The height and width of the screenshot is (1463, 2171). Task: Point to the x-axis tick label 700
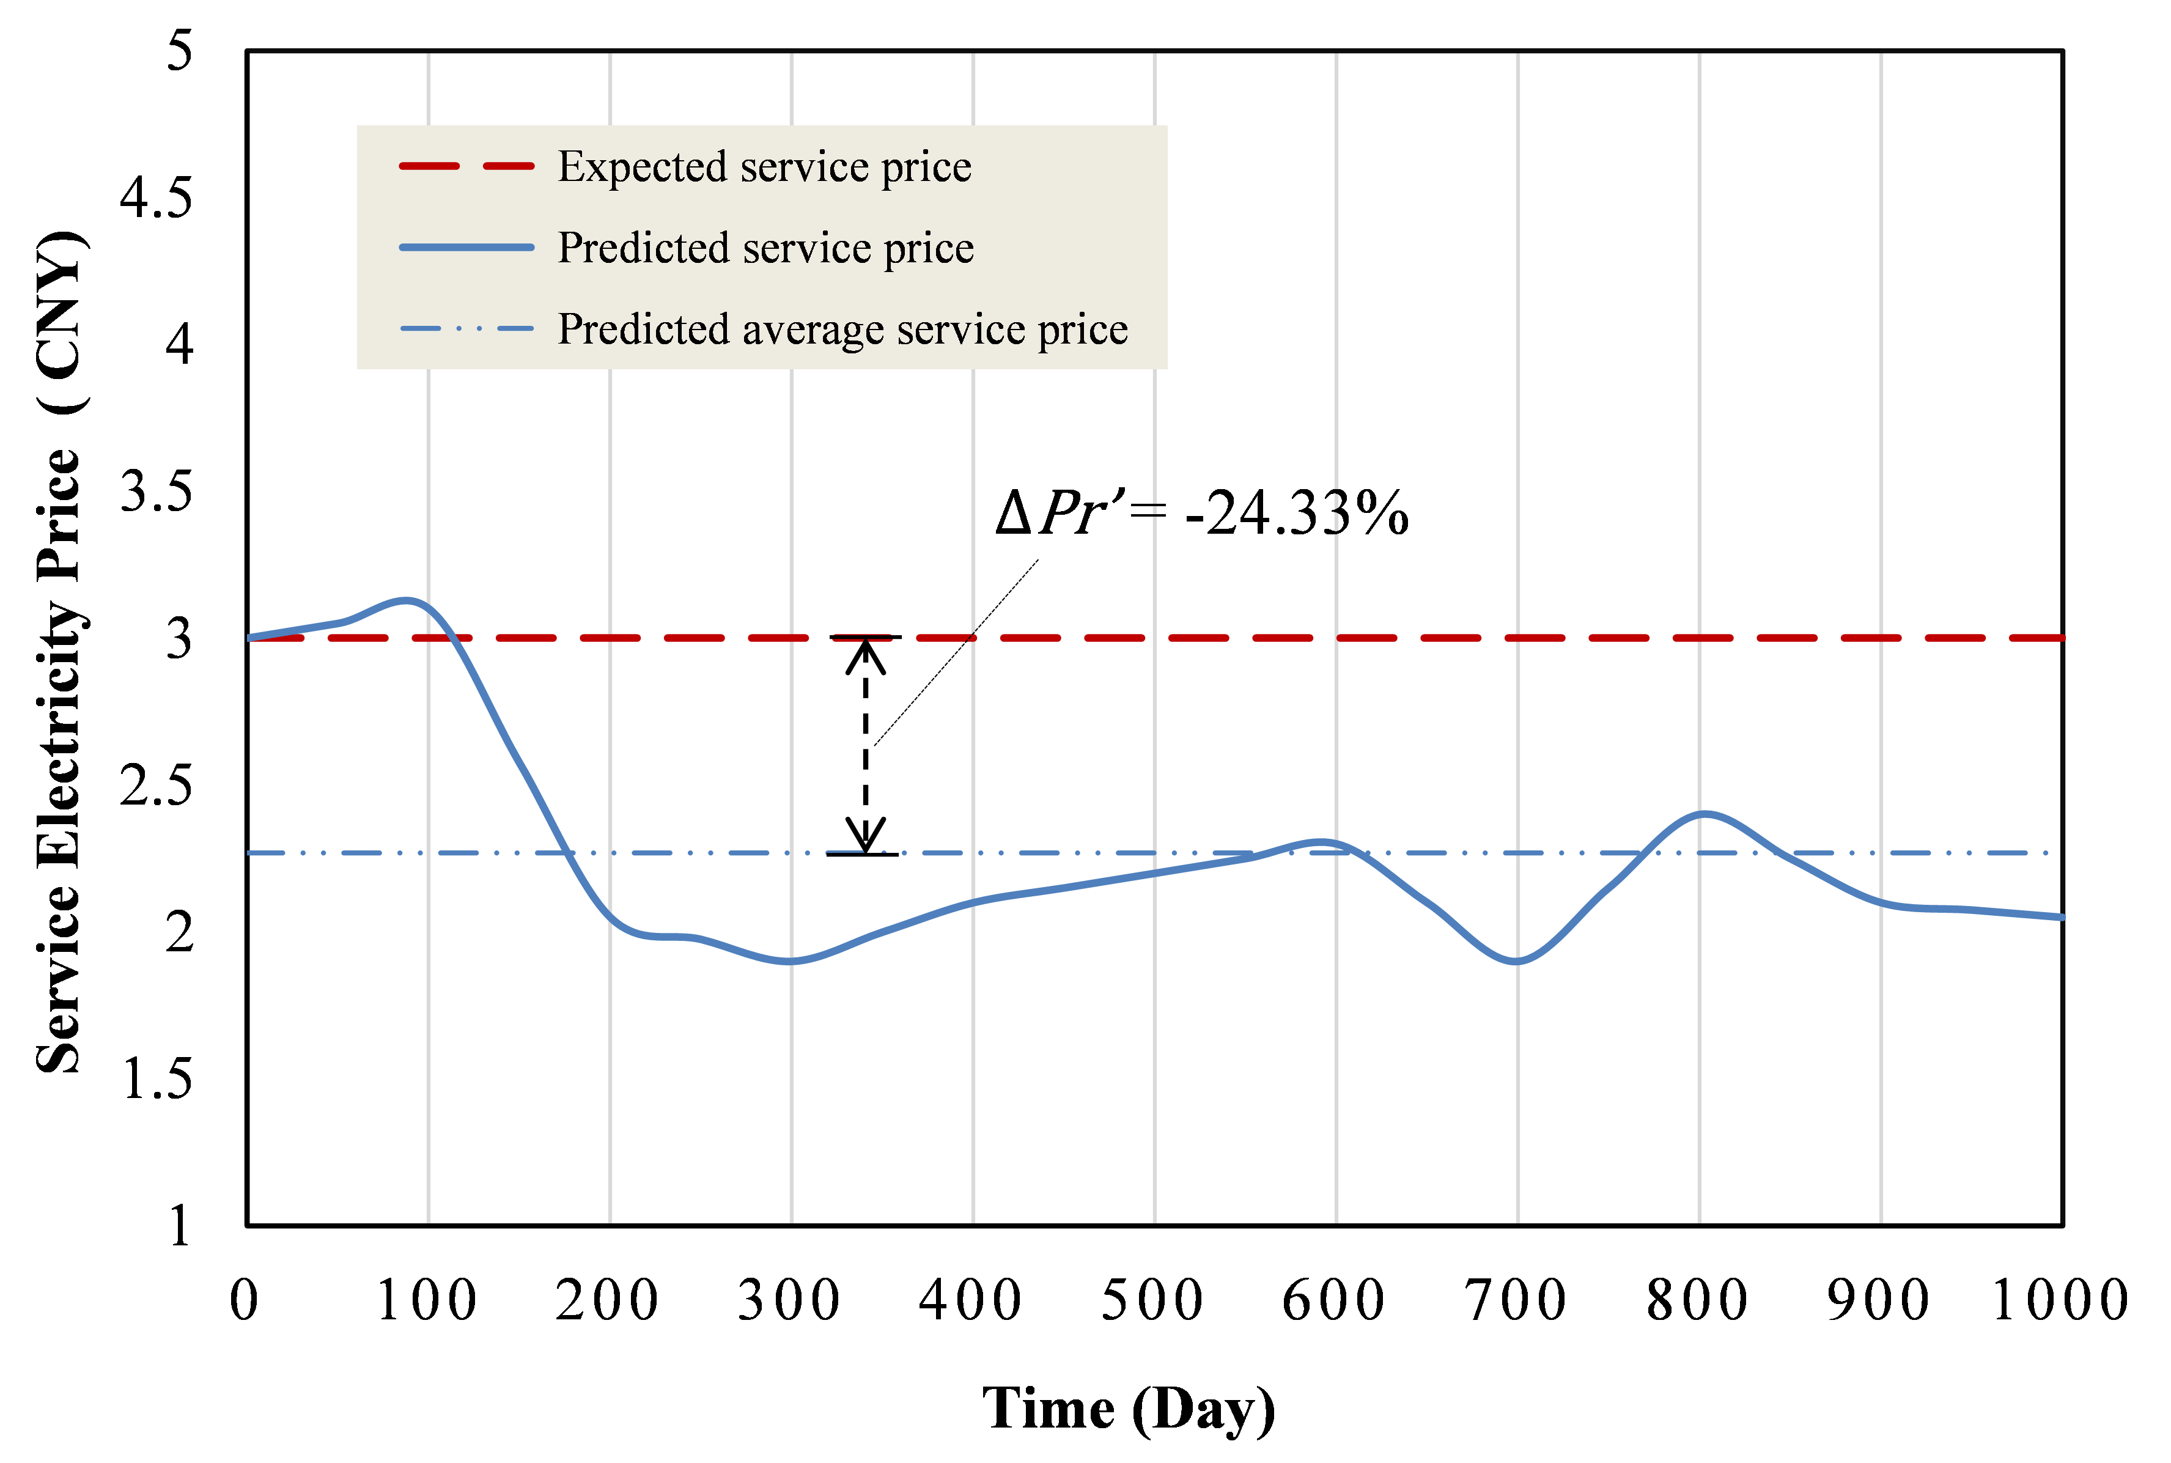[x=1516, y=1300]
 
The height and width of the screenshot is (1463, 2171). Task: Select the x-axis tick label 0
[x=245, y=1300]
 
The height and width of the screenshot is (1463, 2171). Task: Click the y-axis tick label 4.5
[x=156, y=198]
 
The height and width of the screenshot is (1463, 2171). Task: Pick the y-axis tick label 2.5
[x=156, y=786]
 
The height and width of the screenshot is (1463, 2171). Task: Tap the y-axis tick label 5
[x=179, y=50]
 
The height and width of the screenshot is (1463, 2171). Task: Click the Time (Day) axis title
[x=1128, y=1409]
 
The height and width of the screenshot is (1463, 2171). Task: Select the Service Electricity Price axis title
[x=60, y=652]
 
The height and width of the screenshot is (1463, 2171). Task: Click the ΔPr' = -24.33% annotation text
[x=1201, y=513]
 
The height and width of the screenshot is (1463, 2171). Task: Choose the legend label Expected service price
[x=764, y=167]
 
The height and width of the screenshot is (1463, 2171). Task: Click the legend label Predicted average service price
[x=842, y=330]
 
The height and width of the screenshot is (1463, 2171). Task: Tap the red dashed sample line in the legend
[x=466, y=167]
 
